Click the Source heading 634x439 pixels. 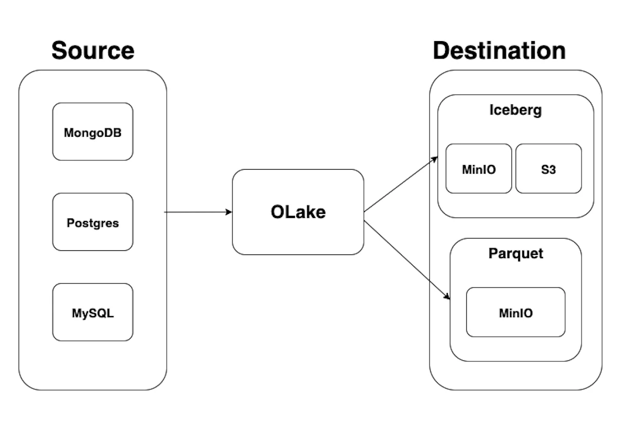point(93,51)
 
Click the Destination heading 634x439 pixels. point(499,51)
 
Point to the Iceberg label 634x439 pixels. point(515,110)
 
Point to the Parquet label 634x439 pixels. point(516,253)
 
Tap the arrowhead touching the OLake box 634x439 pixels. point(229,212)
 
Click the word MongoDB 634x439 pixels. point(93,133)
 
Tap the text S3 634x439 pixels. point(549,169)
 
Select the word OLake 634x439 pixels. point(298,212)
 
